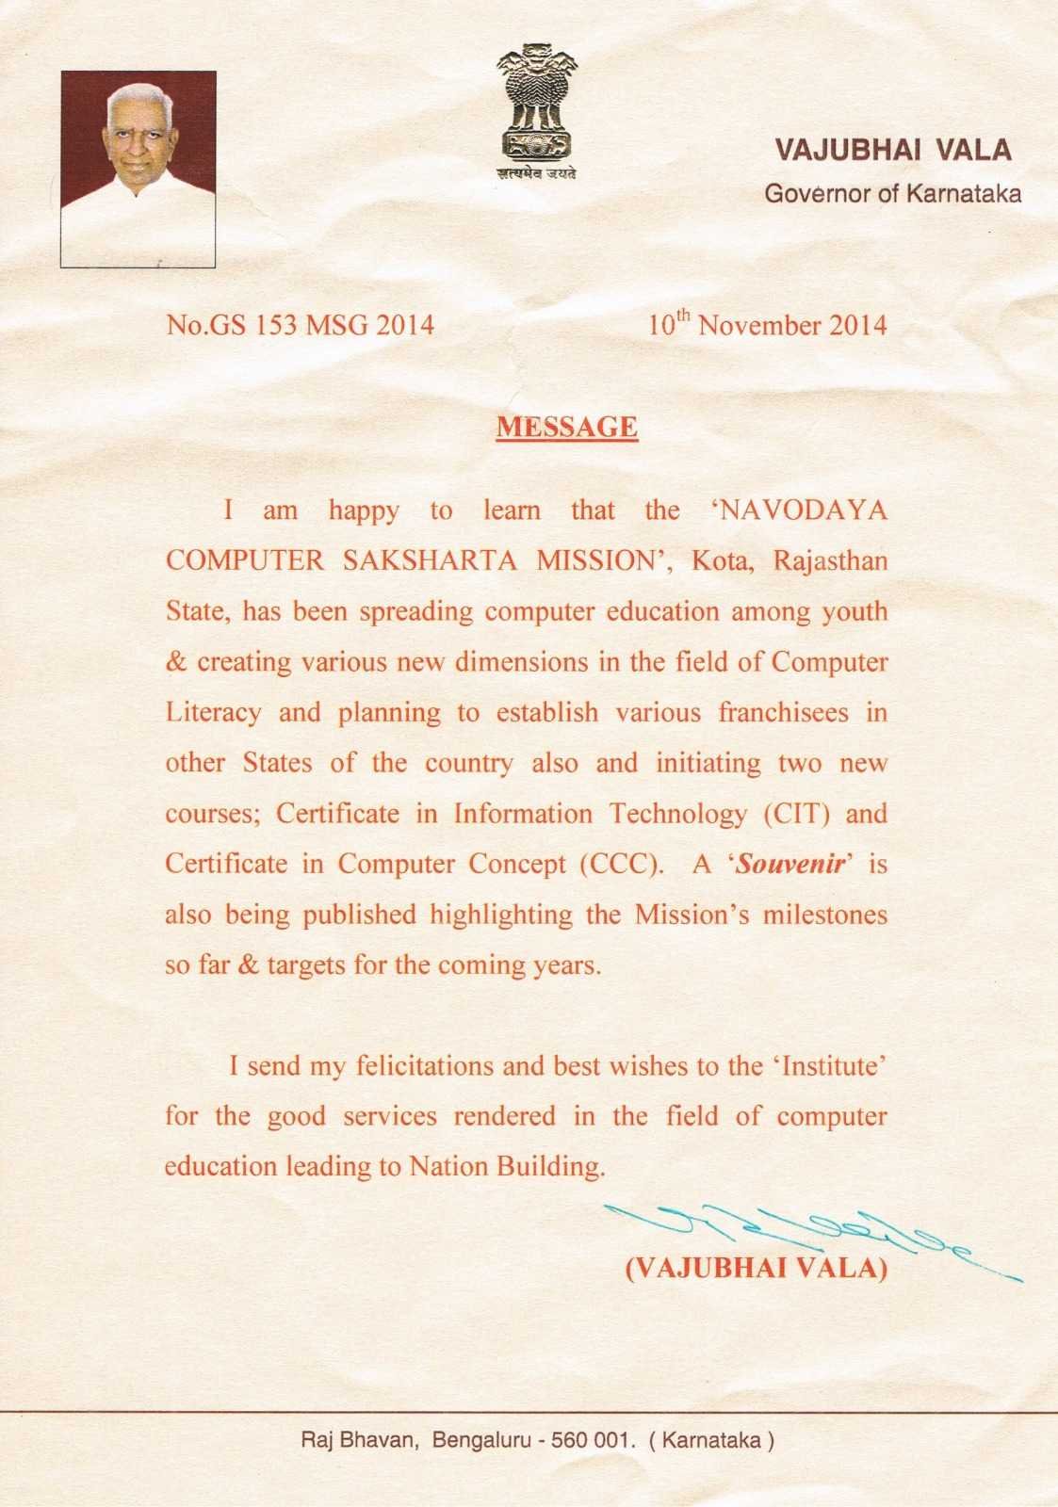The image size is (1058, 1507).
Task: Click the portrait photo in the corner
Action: pyautogui.click(x=138, y=170)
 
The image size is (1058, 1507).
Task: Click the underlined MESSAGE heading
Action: pyautogui.click(x=567, y=427)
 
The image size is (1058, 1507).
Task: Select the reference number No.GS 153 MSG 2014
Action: pyautogui.click(x=301, y=325)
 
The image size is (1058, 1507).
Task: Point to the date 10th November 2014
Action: pyautogui.click(x=767, y=325)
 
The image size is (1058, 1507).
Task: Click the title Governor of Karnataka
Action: pyautogui.click(x=892, y=194)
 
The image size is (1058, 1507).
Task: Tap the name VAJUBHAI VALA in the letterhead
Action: pyautogui.click(x=892, y=150)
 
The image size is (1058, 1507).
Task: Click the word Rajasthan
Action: pyautogui.click(x=830, y=561)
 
